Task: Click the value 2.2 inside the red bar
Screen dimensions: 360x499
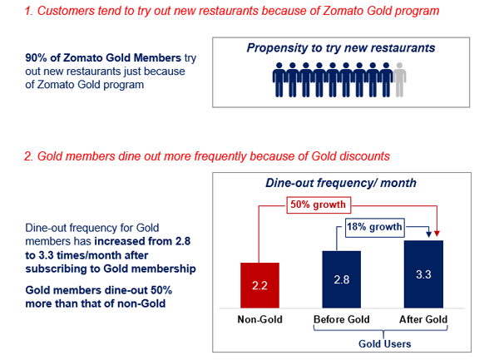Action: click(259, 285)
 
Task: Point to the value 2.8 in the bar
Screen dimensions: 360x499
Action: click(341, 279)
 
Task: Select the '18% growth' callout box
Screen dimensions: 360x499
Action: click(374, 226)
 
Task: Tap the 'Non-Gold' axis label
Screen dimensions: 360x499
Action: click(259, 318)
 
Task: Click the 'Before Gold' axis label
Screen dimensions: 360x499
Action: click(341, 318)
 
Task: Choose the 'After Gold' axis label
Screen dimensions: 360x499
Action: click(423, 318)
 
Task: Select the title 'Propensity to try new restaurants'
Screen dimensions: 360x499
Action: click(340, 48)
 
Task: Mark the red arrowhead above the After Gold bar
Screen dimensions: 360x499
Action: click(438, 235)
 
